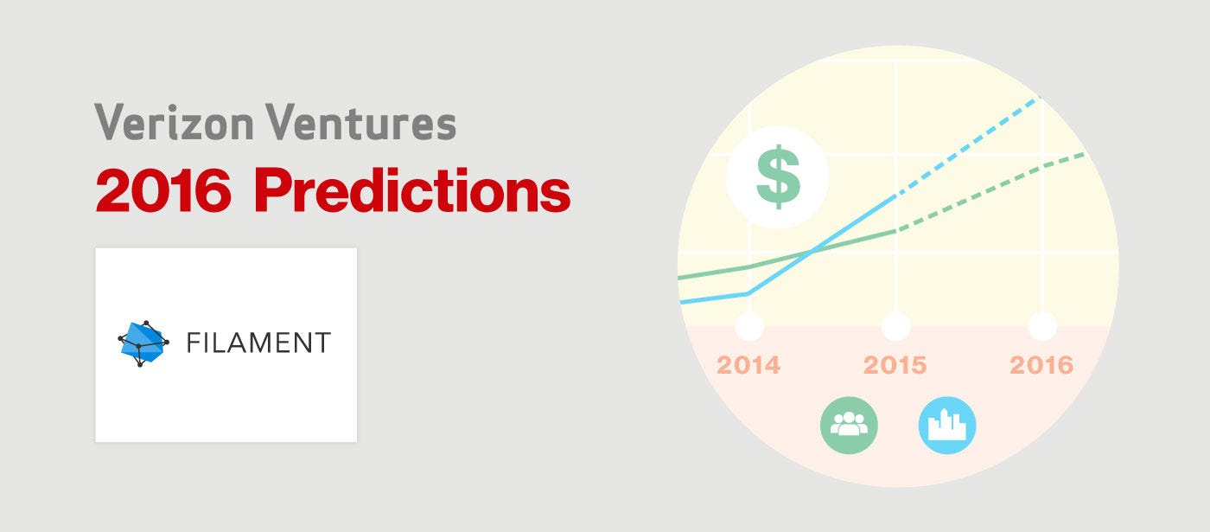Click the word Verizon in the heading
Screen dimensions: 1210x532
pos(174,122)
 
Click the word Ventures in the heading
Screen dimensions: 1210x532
pos(361,122)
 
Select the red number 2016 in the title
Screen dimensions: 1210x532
pos(163,190)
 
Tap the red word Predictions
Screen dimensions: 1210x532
pos(412,190)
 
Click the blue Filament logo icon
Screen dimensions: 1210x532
pos(143,343)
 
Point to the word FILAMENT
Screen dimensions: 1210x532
pos(258,343)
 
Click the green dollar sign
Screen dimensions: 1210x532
pos(778,176)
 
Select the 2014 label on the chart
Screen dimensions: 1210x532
pos(748,365)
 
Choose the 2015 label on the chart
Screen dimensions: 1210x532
pos(895,365)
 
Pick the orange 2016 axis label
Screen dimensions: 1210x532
pos(1041,365)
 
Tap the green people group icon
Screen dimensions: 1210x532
pos(849,425)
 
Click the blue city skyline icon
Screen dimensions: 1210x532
pos(947,425)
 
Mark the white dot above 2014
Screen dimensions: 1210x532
pos(750,326)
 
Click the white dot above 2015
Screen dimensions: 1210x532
pos(895,326)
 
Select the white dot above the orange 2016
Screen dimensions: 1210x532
pos(1042,326)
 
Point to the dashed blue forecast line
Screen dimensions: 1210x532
pos(968,146)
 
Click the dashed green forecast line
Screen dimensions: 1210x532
pos(990,192)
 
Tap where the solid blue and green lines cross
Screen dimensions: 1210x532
pos(812,251)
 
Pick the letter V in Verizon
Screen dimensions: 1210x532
pos(108,121)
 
